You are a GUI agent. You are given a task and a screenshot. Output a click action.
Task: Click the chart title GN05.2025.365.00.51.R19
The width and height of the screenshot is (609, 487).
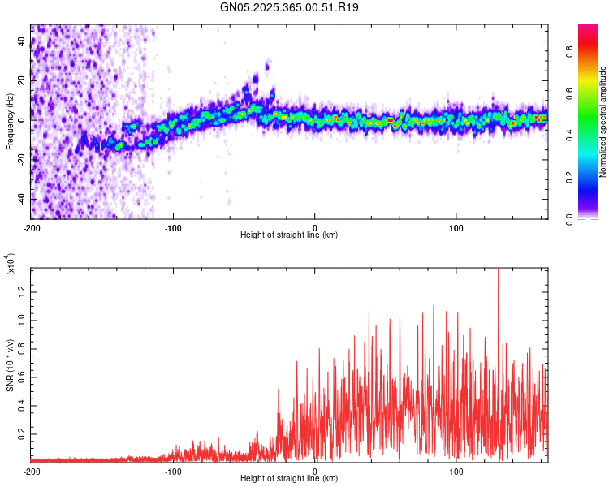[x=290, y=7]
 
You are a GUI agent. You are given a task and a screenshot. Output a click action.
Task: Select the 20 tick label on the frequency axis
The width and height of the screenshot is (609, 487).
[x=21, y=80]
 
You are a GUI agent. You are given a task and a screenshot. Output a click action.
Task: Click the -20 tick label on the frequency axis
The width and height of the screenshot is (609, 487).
[x=19, y=160]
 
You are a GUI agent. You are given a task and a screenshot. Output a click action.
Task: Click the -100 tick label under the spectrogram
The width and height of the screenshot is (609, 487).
[x=172, y=228]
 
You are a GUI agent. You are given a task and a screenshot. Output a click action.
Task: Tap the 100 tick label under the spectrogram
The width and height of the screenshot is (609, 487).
[x=456, y=228]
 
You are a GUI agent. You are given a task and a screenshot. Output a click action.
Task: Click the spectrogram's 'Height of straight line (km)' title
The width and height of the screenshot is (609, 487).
[x=289, y=235]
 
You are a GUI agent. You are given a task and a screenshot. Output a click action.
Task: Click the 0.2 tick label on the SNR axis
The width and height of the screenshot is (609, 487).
[x=21, y=435]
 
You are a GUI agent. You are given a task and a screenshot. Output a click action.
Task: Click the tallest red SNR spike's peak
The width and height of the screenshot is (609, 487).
[x=498, y=269]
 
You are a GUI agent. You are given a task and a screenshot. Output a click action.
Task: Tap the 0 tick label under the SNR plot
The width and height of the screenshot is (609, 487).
[x=315, y=472]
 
